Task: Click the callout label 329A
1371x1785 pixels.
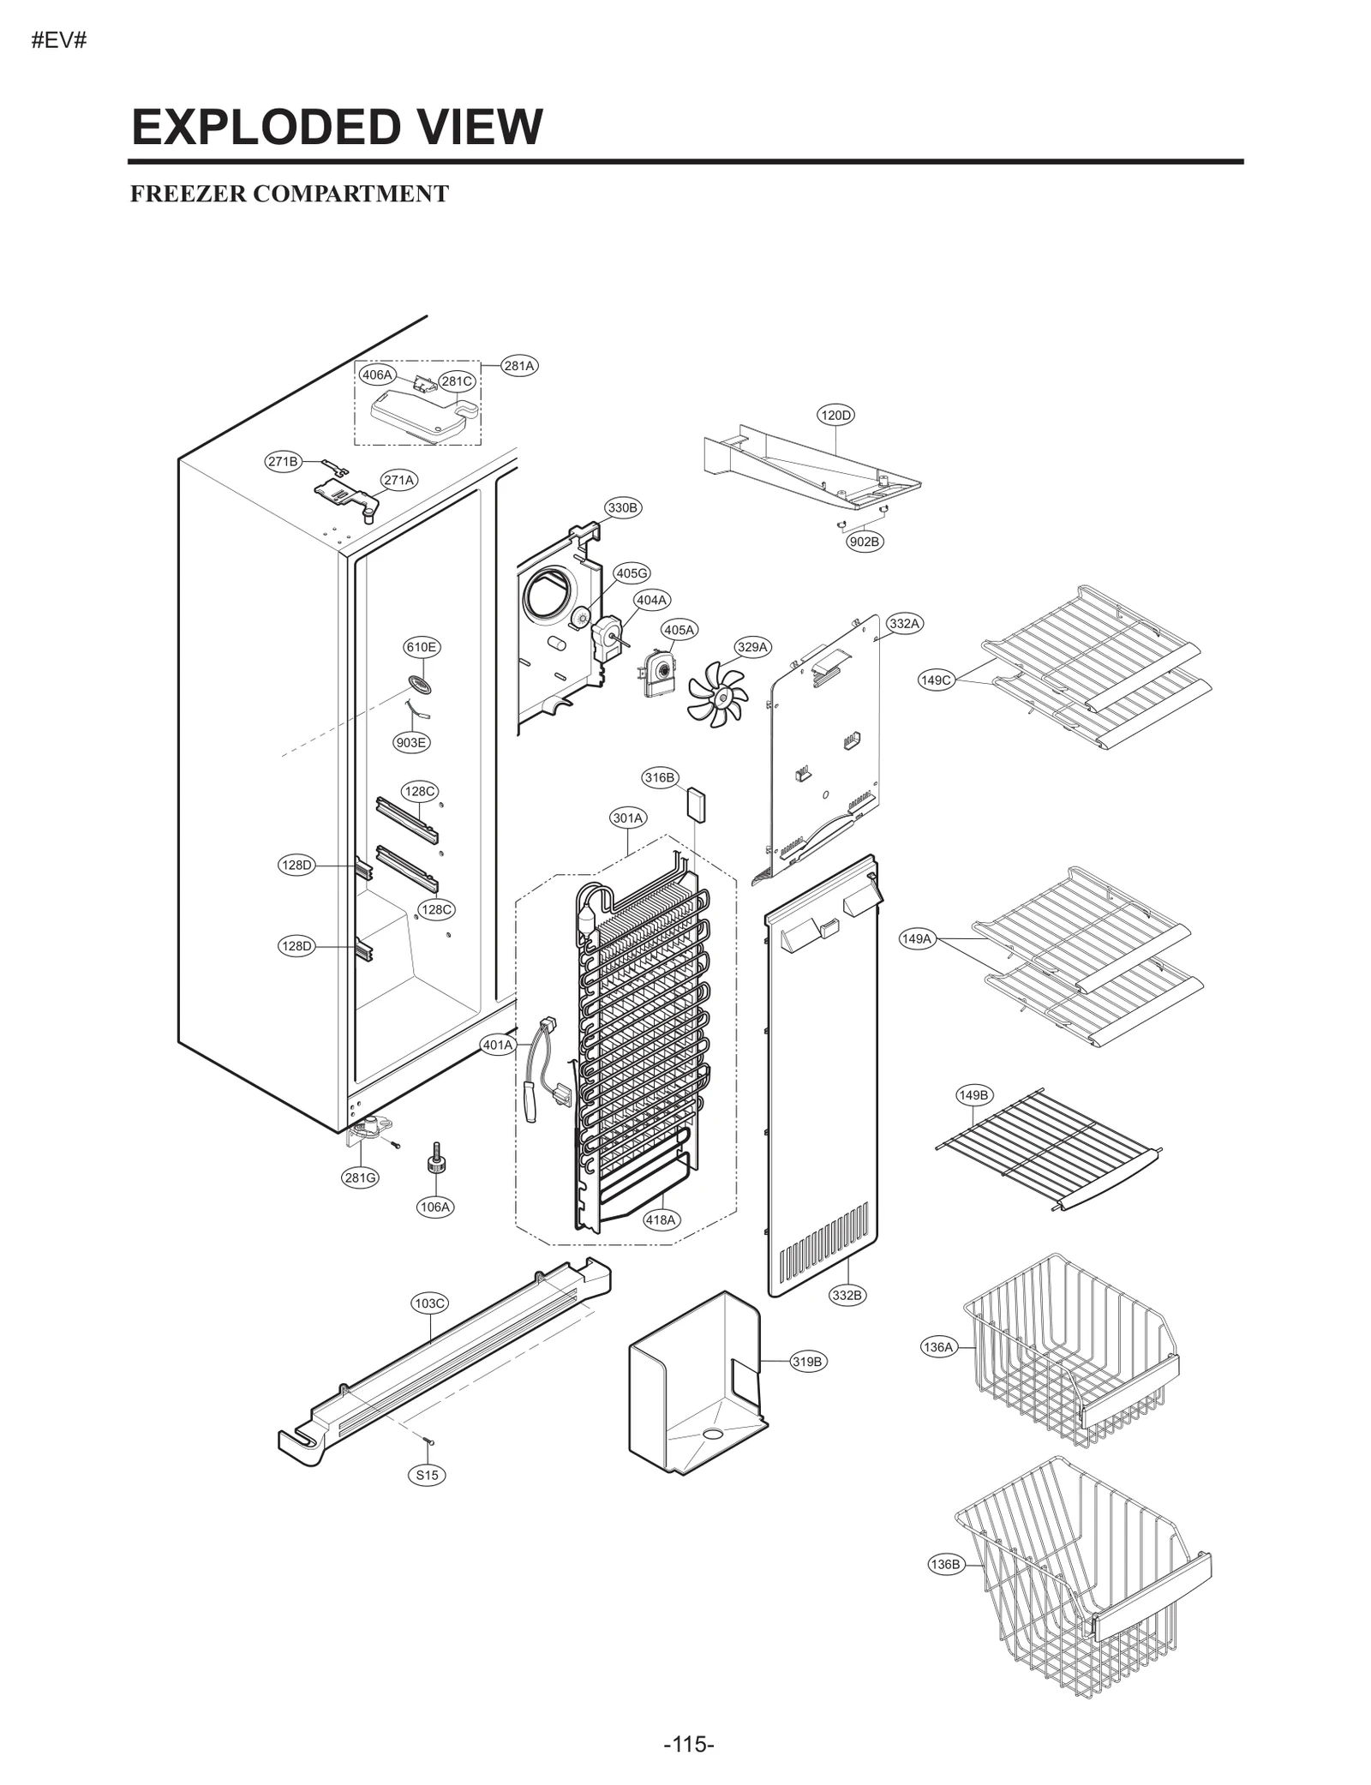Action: pos(752,647)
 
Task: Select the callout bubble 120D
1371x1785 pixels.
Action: pos(835,416)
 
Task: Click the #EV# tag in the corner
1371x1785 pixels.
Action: pos(59,41)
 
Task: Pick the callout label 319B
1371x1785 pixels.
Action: pos(807,1362)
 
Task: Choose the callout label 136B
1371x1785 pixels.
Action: pos(944,1564)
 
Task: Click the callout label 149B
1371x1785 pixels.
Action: pos(973,1095)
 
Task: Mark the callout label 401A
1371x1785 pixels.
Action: pos(497,1045)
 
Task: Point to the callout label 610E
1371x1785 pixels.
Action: pos(422,647)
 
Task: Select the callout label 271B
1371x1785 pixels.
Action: pos(283,461)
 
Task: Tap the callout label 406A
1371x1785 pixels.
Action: pos(376,374)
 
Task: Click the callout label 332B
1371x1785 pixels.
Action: pos(847,1319)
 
